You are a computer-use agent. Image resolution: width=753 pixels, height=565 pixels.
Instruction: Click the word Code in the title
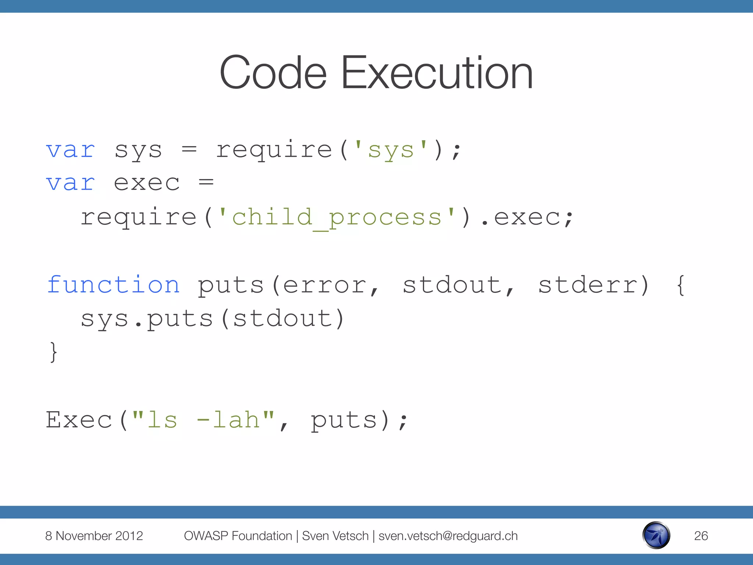[273, 73]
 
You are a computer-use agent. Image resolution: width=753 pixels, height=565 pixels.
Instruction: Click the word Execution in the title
[437, 73]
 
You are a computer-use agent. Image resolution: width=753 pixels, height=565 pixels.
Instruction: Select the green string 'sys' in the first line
[391, 150]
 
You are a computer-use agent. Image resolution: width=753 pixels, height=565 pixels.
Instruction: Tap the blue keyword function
[113, 285]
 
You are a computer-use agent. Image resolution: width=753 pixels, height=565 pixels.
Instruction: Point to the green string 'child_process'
[337, 217]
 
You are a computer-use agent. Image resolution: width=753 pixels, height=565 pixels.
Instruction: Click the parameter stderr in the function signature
[588, 285]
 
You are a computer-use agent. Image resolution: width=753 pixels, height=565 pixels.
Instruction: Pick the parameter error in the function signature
[325, 285]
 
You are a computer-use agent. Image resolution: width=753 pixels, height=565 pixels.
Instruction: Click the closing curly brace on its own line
[53, 352]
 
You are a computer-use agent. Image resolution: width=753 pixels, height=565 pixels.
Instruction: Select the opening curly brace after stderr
[680, 285]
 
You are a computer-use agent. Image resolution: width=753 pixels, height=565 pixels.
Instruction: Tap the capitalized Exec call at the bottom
[79, 420]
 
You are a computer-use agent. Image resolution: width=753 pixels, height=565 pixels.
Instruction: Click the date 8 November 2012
[94, 536]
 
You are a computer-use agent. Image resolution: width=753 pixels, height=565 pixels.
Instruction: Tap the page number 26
[701, 536]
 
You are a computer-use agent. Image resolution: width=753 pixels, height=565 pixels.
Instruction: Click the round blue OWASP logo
[656, 535]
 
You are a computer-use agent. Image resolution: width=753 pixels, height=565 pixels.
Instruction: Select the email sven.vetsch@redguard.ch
[448, 536]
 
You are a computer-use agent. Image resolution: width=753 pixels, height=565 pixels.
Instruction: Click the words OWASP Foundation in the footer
[238, 536]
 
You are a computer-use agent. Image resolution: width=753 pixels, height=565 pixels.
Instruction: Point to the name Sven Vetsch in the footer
[335, 536]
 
